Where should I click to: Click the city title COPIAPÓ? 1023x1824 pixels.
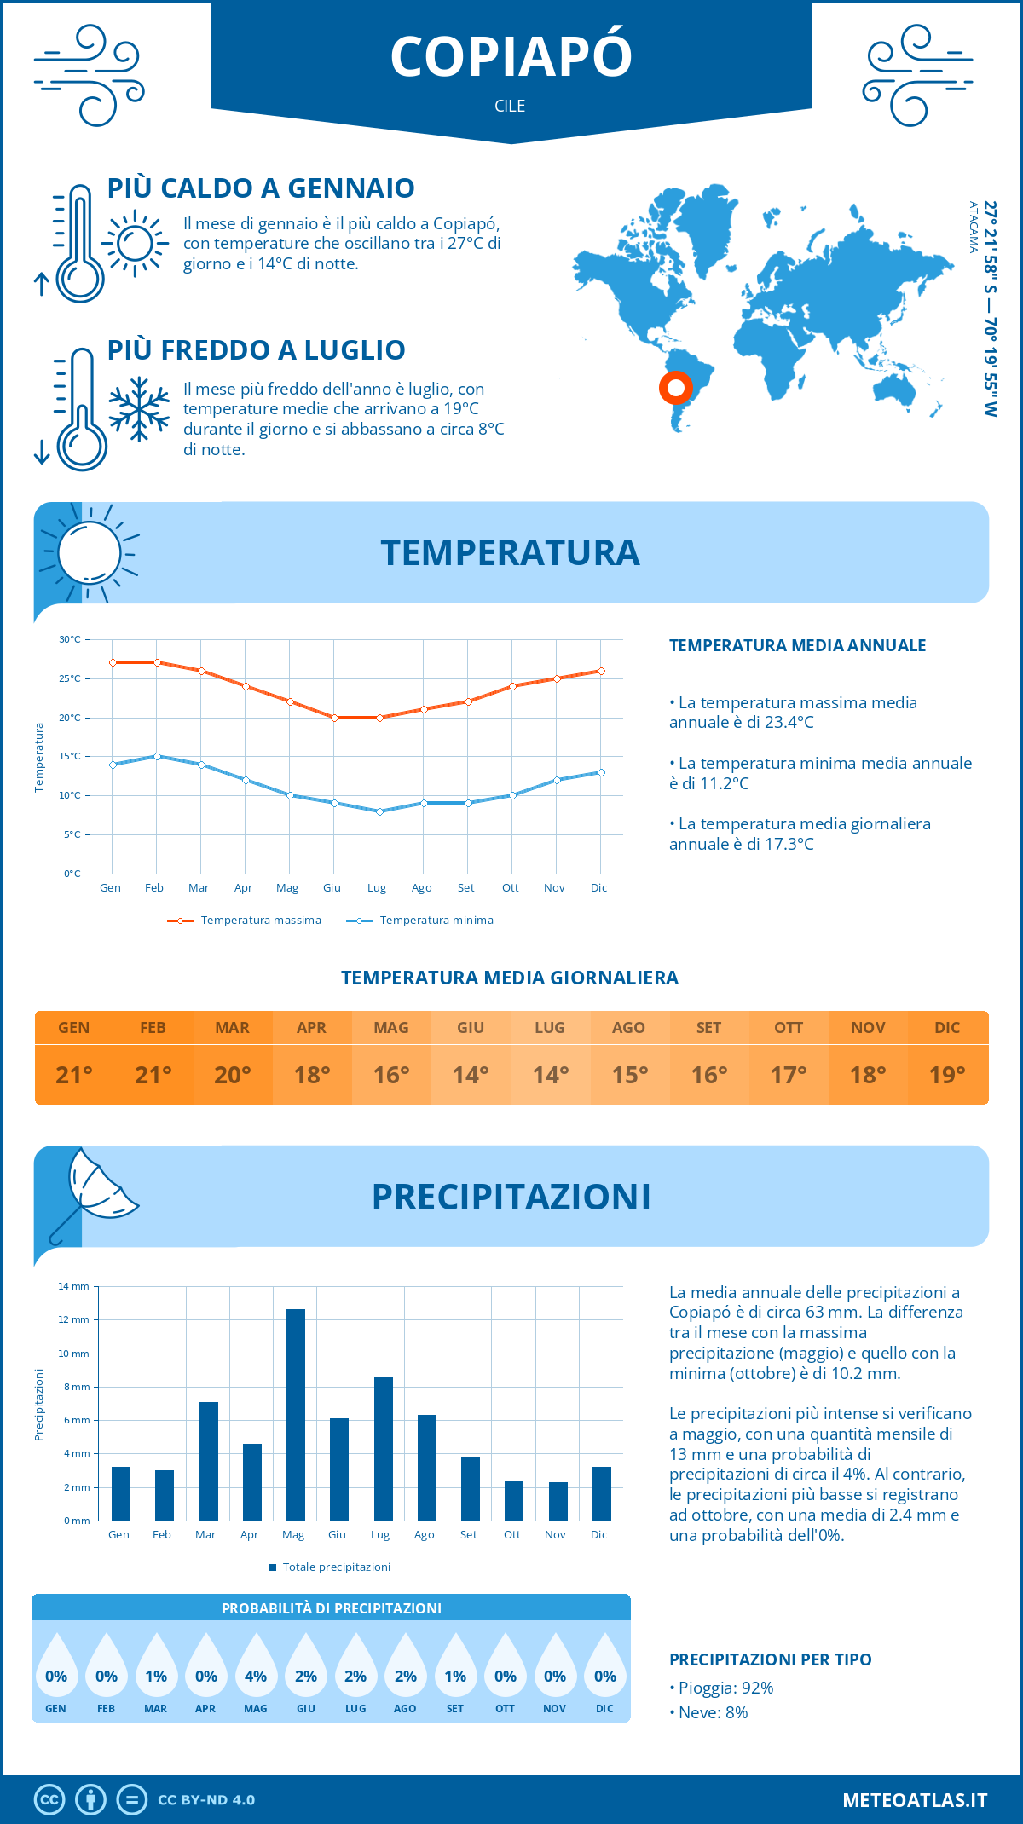point(511,56)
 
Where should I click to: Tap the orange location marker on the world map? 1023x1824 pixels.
point(676,389)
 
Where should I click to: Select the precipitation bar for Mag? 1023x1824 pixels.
point(295,1415)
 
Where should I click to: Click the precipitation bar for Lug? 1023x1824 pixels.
point(383,1448)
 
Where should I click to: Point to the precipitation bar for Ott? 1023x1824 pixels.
point(513,1500)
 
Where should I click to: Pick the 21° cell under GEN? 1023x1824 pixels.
point(74,1075)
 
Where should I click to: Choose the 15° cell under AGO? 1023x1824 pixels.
point(629,1075)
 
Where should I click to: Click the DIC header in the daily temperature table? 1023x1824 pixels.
point(947,1028)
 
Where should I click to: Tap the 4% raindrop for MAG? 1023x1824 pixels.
point(256,1676)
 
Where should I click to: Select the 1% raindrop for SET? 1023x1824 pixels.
point(455,1676)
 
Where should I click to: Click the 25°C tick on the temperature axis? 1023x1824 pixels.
point(70,678)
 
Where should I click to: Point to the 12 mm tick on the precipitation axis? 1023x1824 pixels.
point(74,1319)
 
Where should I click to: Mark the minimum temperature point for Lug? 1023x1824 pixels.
point(379,811)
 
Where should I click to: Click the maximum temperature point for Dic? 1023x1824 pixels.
point(601,671)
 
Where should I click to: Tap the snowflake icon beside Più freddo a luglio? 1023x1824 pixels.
point(139,409)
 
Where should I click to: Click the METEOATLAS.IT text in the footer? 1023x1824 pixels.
point(914,1800)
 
